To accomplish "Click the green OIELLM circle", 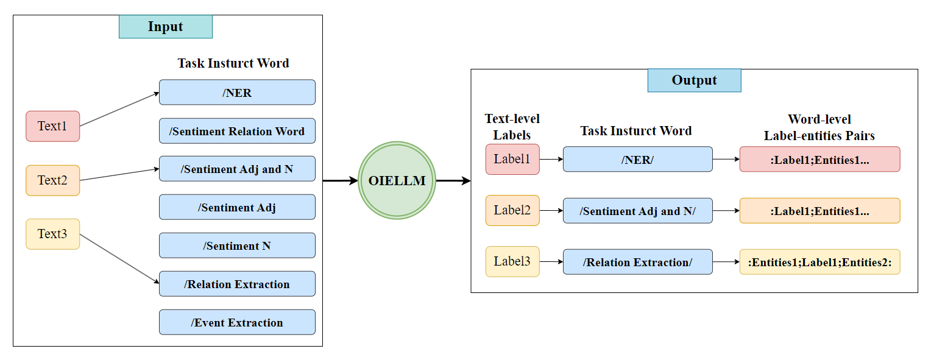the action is coord(397,180).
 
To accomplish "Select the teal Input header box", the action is coord(166,27).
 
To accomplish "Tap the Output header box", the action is coord(694,80).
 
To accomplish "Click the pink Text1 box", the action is coord(52,126).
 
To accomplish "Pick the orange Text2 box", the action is coord(52,180).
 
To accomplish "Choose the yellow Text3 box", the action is coord(52,234).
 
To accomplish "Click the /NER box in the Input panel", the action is coord(237,92).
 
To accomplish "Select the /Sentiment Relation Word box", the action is coord(237,131).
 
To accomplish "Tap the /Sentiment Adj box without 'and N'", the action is coord(237,207).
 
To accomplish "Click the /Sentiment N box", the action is coord(237,245).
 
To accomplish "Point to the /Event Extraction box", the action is coord(237,322).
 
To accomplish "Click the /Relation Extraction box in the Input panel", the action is coord(237,284).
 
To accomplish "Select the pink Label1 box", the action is coord(512,159).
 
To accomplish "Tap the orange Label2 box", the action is coord(512,210).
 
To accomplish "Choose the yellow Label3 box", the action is coord(512,262).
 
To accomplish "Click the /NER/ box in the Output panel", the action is coord(637,159).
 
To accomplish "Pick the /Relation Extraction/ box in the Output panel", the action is coord(637,262).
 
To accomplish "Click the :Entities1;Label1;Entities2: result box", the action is coord(819,262).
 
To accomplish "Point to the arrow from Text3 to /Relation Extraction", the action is coord(119,259).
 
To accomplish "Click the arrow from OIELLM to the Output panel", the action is coord(453,181).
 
